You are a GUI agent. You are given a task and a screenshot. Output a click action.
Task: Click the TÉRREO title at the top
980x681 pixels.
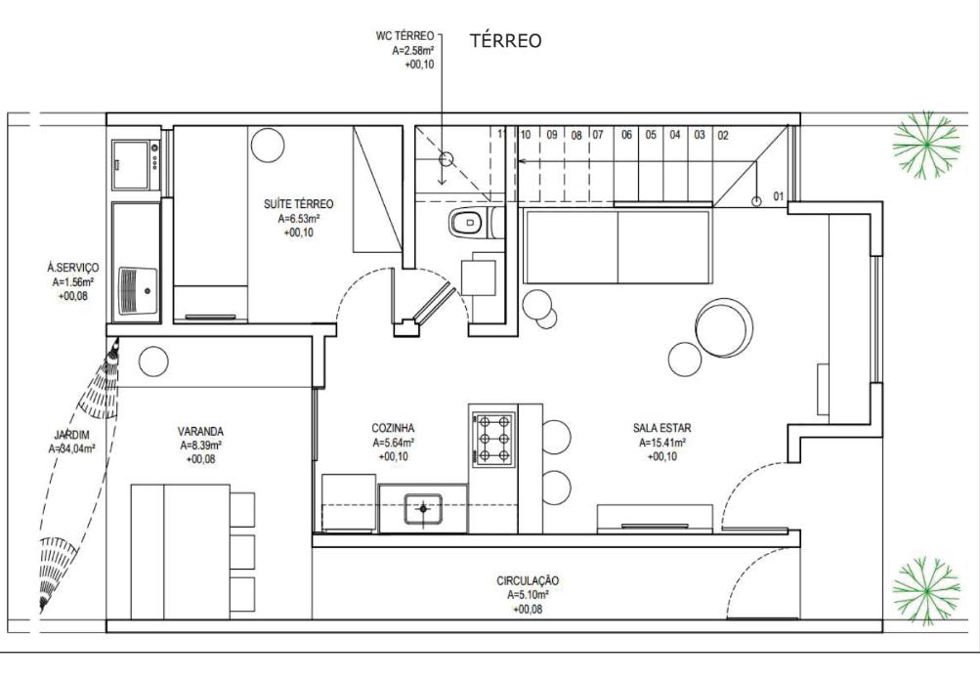pos(505,41)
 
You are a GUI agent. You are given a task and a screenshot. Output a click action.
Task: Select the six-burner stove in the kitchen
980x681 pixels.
pos(493,440)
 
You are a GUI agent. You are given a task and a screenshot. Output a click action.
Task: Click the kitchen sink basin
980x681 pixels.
pos(423,509)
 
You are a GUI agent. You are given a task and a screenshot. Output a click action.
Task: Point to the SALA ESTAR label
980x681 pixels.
pos(661,428)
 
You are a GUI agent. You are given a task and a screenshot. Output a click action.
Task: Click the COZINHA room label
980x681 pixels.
pos(393,428)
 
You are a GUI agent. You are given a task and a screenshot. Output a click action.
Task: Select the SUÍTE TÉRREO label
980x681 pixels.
pos(299,203)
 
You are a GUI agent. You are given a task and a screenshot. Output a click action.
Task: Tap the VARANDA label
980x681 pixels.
pos(200,431)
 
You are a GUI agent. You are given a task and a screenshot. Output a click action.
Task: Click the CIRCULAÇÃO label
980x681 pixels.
pos(529,580)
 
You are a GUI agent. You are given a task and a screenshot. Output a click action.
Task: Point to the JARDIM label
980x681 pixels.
pos(71,435)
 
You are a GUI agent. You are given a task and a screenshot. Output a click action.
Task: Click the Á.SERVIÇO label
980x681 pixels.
pos(73,268)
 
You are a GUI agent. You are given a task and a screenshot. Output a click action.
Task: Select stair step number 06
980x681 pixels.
pos(626,134)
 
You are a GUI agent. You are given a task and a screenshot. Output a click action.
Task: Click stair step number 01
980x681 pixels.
pos(778,196)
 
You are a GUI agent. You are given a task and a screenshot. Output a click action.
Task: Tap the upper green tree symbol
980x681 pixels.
pos(925,145)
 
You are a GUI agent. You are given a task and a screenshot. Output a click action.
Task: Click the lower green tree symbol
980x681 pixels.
pos(925,590)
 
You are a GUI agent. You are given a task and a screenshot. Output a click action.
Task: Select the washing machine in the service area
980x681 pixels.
pos(136,164)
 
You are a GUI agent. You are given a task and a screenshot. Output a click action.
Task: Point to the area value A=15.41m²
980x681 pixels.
pos(661,443)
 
